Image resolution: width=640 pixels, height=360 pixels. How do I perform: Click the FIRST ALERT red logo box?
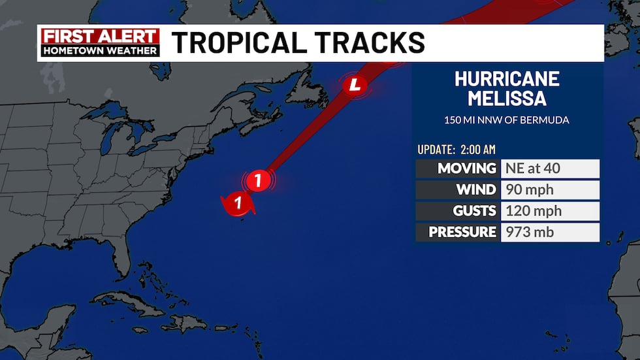100,36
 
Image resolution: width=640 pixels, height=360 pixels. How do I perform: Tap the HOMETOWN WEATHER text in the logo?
100,50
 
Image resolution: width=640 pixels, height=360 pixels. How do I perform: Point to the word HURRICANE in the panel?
507,79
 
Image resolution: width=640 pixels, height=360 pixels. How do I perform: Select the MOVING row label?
458,169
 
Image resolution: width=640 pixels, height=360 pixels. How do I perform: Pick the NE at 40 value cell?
549,169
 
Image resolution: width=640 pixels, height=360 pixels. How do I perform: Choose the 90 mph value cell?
549,190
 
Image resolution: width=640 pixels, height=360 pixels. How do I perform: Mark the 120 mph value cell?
549,211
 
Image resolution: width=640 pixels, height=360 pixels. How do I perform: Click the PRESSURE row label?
458,232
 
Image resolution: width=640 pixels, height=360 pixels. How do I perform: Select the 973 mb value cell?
549,232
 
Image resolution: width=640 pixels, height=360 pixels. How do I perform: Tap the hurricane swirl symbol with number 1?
238,203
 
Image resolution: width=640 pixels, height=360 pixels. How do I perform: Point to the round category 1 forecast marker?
259,180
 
